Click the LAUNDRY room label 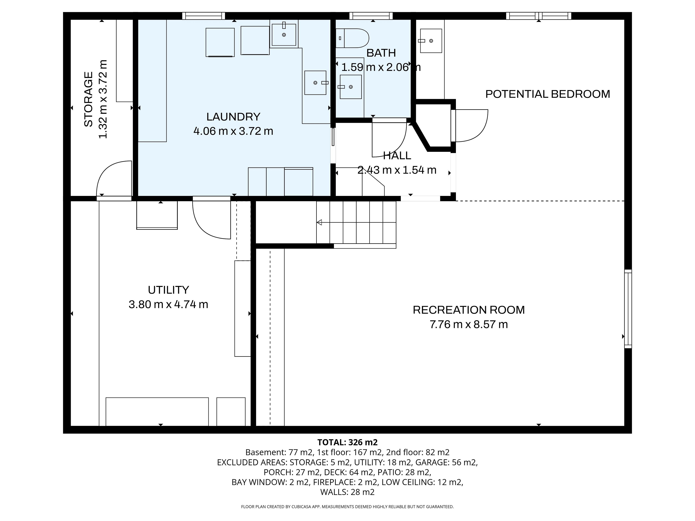tap(233, 117)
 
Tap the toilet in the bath tap(352, 38)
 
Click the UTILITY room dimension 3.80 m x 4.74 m tap(168, 304)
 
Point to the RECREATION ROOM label tap(468, 310)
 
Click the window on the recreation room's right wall tap(628, 309)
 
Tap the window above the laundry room tap(204, 16)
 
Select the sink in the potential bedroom tap(431, 41)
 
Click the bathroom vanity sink tap(351, 87)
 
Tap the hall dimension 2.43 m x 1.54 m tap(397, 170)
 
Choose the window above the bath tap(371, 16)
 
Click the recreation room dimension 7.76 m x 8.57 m tap(468, 324)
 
